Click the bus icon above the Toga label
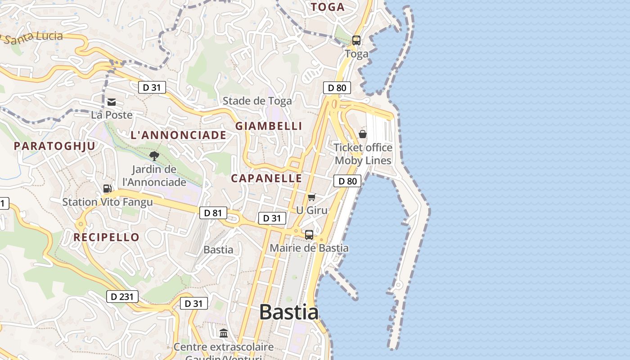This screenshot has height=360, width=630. pos(356,40)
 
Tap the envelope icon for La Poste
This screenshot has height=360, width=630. pos(112,102)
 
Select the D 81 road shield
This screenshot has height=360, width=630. pos(213,213)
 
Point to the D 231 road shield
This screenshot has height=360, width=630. pos(122,297)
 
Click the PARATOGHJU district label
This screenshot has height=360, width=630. pos(54,146)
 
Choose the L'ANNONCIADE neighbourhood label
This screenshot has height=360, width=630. pos(179,135)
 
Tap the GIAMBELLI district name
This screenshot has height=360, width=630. pos(269,126)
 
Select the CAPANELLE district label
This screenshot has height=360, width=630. pos(266,178)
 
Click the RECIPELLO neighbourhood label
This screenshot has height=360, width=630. pos(107,237)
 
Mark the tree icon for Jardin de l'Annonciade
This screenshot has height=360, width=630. pos(154,156)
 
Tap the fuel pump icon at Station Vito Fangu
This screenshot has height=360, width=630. pos(108,189)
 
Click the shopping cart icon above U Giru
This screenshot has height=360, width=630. pos(312,197)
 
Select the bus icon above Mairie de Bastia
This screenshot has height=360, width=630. pos(309,234)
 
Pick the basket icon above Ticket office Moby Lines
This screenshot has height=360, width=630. pos(363,134)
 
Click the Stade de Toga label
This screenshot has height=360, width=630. pos(257,101)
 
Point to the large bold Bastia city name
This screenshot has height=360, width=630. pos(289,312)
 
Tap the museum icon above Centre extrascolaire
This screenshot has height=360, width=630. pos(224,333)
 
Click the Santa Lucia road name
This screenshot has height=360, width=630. pos(34,37)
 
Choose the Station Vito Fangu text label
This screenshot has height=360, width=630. pos(108,202)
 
